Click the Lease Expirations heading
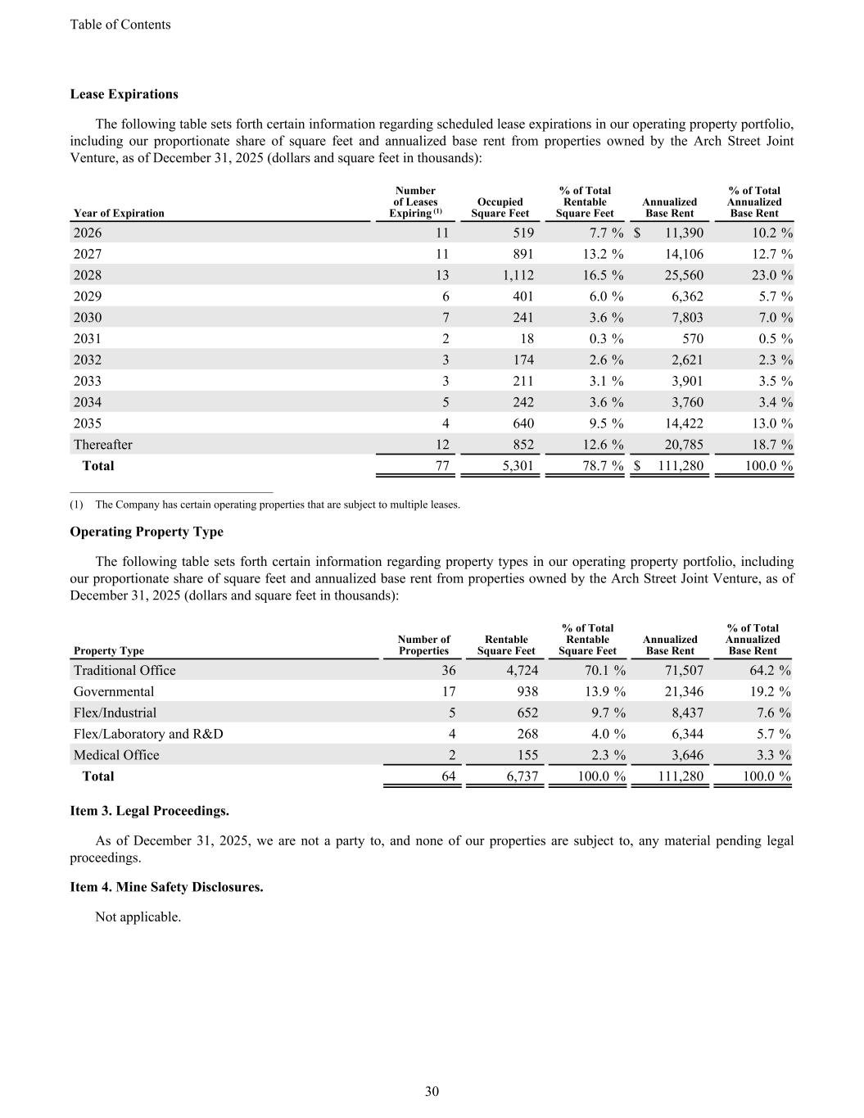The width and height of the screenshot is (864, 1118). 124,94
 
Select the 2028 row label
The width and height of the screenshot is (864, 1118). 88,275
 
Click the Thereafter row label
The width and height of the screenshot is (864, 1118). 102,445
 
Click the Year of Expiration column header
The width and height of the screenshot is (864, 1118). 119,213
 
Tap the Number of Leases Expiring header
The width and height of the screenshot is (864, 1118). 415,202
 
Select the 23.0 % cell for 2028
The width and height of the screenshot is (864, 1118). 766,275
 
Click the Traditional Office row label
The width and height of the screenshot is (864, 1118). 124,671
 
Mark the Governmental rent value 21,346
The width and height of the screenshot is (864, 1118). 682,692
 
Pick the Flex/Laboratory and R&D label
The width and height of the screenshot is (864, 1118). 147,734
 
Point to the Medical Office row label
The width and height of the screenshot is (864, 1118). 116,755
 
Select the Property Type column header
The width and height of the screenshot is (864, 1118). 108,651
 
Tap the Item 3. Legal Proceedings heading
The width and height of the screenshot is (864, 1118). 149,811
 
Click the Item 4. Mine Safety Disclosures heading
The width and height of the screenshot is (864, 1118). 166,887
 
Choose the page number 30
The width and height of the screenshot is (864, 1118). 432,1091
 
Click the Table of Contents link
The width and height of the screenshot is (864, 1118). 120,25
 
